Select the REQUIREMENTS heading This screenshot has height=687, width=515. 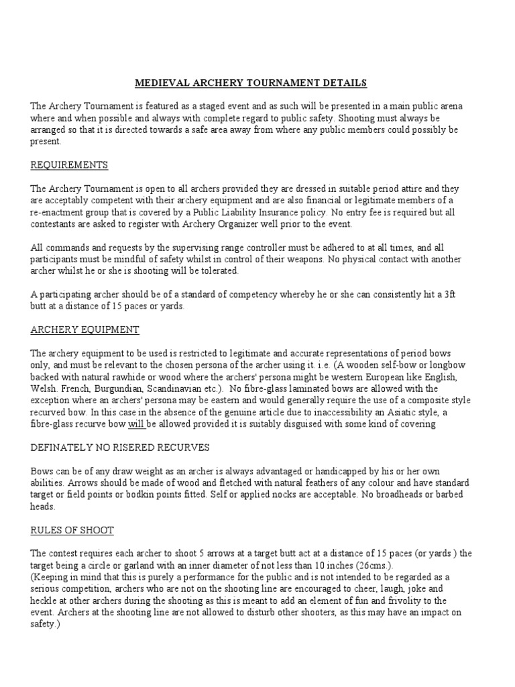coord(69,165)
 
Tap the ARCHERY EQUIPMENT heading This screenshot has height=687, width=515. coord(84,329)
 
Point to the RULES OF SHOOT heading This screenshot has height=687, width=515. coord(72,530)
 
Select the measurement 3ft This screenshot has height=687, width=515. coord(446,295)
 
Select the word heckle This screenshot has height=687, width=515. coord(46,600)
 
